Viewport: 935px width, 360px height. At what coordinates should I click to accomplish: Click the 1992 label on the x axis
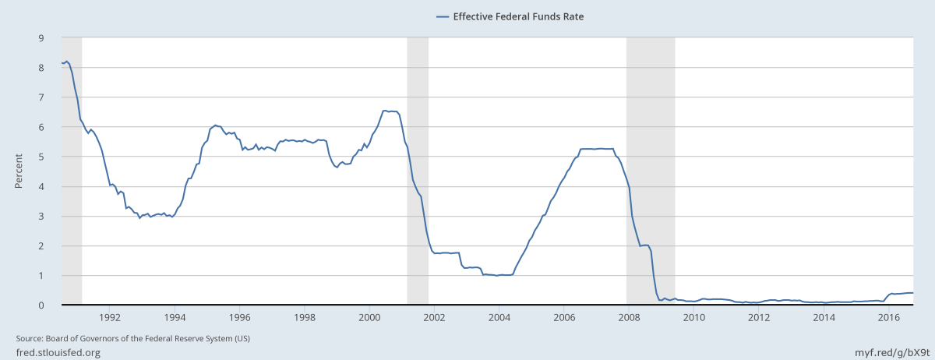pos(110,317)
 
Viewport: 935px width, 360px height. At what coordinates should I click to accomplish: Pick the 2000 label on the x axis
pos(369,317)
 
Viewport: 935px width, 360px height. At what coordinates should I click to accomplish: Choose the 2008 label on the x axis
pos(629,317)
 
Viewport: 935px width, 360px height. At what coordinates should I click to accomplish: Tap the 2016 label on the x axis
pos(889,317)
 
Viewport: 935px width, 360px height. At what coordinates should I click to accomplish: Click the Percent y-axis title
pos(19,171)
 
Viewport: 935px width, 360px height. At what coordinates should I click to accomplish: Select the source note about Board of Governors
pos(133,338)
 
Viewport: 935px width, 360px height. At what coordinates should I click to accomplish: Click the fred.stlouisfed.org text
pos(58,353)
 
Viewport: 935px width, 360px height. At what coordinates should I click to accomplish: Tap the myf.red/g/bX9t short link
pos(887,353)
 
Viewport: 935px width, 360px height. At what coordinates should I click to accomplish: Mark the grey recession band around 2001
pos(418,171)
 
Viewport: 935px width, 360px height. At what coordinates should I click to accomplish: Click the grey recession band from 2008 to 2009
pos(651,171)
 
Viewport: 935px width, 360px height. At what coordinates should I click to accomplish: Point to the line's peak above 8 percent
pos(67,61)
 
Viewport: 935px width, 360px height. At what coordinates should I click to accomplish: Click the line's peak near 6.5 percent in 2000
pos(385,111)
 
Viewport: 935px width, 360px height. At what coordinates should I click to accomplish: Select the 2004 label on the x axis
pos(499,317)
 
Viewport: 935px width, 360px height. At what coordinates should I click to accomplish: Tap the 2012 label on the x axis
pos(759,317)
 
